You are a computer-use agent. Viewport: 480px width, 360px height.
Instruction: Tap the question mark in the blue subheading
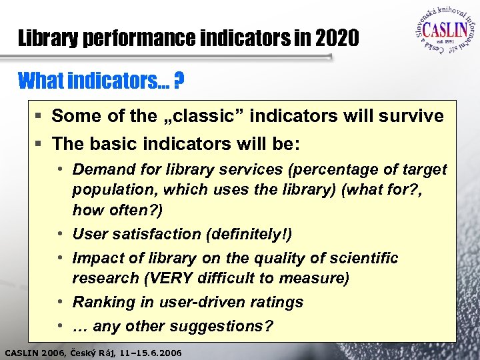point(179,82)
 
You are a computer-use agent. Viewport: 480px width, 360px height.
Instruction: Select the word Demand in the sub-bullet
point(101,170)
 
